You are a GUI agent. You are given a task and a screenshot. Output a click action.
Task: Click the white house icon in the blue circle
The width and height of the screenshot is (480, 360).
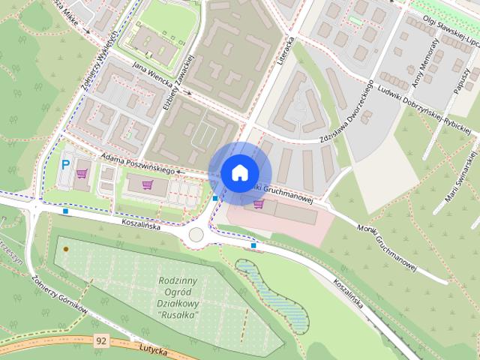(238, 172)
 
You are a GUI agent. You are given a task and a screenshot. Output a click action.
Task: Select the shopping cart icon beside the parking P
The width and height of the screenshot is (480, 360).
(82, 173)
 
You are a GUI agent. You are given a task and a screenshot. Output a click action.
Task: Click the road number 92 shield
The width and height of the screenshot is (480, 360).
(101, 340)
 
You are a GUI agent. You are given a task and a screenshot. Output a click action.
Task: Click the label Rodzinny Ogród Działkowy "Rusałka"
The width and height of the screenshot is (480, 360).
(178, 298)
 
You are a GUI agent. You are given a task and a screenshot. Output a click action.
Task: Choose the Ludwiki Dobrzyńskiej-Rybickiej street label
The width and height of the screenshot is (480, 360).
(424, 108)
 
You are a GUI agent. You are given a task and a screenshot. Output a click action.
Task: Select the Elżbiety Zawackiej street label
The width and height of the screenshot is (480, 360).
(180, 83)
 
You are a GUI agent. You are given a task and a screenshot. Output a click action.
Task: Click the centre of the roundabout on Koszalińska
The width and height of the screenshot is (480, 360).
(196, 235)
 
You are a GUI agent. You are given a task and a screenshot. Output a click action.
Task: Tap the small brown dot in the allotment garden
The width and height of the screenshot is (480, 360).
(66, 248)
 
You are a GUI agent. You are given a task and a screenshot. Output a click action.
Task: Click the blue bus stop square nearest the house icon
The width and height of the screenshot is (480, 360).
(215, 198)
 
